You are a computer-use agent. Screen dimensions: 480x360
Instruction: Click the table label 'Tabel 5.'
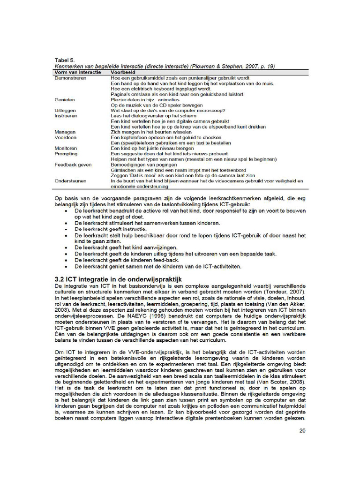click(x=65, y=60)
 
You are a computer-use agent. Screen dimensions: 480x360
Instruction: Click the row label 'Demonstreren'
click(x=71, y=78)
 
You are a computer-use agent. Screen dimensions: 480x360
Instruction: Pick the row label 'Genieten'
click(x=65, y=100)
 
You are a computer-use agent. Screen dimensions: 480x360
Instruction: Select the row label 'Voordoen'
click(x=66, y=138)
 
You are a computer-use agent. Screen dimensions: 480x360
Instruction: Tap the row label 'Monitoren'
click(x=66, y=148)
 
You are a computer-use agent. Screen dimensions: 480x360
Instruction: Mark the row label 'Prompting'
click(x=66, y=154)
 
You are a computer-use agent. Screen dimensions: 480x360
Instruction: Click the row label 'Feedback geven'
click(x=73, y=165)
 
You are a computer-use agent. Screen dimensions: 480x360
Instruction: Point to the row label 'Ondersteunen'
click(x=70, y=181)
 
